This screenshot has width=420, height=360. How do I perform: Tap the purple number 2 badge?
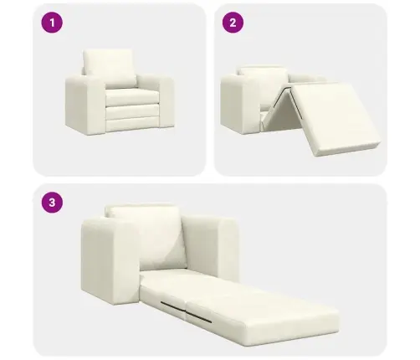pos(234,23)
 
